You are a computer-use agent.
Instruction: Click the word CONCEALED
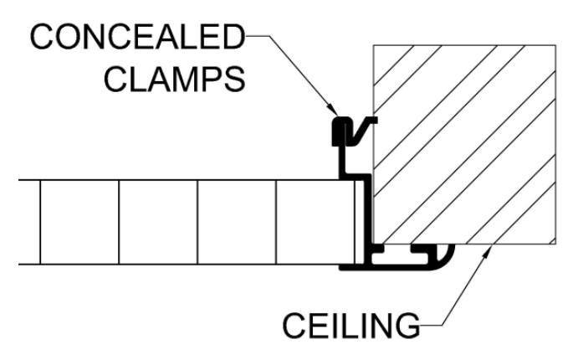(137, 37)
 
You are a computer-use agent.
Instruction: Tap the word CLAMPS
(175, 79)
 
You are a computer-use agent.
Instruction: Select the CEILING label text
(351, 325)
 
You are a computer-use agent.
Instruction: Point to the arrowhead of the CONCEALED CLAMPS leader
(334, 110)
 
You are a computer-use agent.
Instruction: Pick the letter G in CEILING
(407, 325)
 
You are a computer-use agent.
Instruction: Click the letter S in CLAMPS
(235, 79)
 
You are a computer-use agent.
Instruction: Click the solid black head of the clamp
(340, 131)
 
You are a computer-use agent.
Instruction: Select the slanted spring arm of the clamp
(362, 131)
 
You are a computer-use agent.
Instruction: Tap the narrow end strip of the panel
(360, 222)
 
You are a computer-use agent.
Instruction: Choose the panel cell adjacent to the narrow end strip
(315, 222)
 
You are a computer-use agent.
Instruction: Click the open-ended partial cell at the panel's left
(29, 222)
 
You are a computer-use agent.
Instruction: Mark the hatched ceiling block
(464, 144)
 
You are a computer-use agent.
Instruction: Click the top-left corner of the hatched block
(373, 45)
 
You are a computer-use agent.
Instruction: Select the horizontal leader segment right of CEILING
(431, 325)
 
